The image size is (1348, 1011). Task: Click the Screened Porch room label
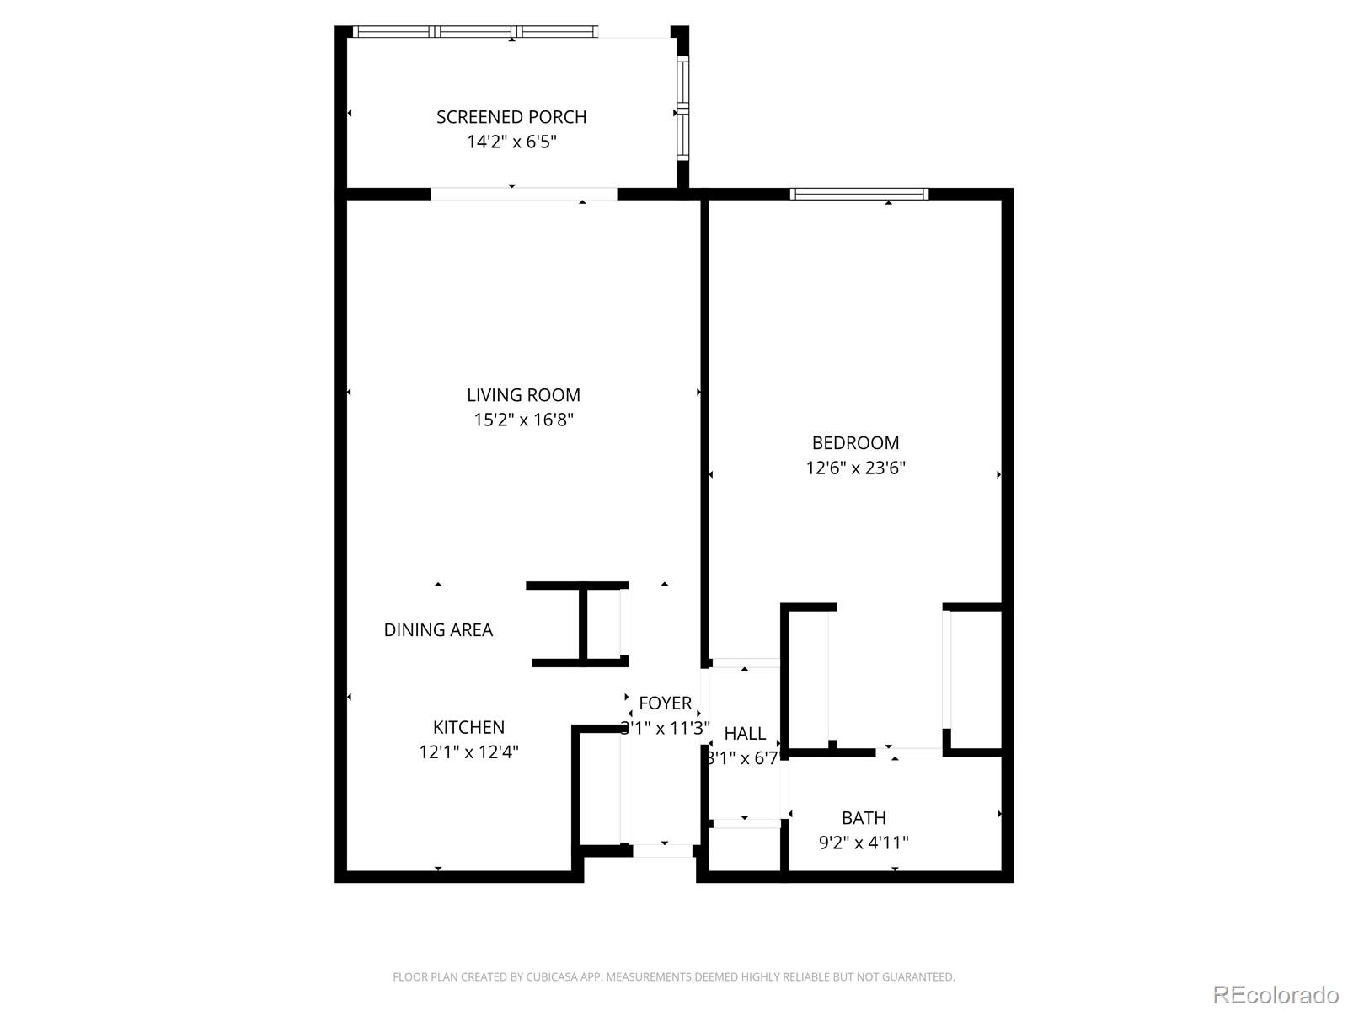[x=511, y=117]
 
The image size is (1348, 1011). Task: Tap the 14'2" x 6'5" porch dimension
[x=511, y=142]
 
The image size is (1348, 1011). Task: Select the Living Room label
[x=523, y=394]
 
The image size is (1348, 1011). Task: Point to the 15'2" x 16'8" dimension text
[x=523, y=420]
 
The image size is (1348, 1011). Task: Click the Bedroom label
[x=855, y=442]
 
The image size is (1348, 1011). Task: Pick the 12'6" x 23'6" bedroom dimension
[x=855, y=468]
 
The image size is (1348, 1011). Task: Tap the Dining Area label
[x=438, y=629]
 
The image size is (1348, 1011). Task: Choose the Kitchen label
[x=468, y=727]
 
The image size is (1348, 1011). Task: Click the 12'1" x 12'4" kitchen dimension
[x=468, y=752]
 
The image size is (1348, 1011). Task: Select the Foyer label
[x=665, y=703]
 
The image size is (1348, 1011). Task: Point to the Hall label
[x=745, y=733]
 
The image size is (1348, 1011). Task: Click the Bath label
[x=864, y=817]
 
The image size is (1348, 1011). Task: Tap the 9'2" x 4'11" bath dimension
[x=864, y=842]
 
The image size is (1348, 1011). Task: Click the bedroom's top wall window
[x=859, y=194]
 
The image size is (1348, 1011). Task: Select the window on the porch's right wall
[x=682, y=108]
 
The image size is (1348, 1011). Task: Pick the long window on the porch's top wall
[x=476, y=32]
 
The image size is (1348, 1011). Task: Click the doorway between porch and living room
[x=523, y=194]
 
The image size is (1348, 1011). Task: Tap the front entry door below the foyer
[x=662, y=851]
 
